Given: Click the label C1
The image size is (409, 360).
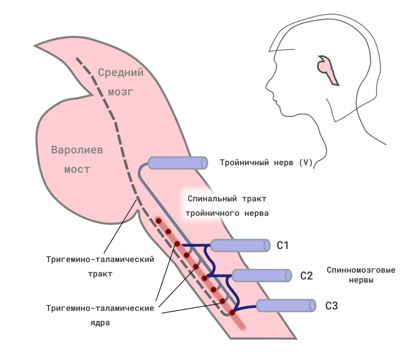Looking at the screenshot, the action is pos(282,245).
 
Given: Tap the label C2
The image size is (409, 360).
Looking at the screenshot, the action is pos(306,276).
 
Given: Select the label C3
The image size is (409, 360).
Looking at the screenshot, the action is pos(331,306).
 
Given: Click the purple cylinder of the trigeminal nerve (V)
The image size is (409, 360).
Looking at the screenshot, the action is pos(178,163).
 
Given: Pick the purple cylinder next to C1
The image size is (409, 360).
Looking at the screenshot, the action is pos(240,245).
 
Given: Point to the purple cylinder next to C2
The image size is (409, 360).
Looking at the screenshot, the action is pos(262,276).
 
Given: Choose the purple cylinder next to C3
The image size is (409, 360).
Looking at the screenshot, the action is pos(286,306).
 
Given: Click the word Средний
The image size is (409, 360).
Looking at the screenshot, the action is pos(121,72).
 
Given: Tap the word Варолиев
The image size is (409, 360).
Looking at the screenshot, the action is pos(77,150).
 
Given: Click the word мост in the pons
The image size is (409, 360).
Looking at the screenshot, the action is pos(77,169).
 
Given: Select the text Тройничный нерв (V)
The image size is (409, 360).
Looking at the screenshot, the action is pos(266,163).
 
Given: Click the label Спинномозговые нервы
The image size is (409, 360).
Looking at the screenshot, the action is pos(361,275).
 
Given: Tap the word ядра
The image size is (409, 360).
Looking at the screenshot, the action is pos(100,323).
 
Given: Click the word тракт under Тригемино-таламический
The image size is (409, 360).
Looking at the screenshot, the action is pos(100,274).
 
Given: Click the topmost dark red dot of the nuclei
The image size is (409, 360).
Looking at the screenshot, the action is pos(158,221).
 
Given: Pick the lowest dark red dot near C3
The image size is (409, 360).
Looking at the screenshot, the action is pos(232,313).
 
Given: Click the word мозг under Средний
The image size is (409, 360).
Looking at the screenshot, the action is pos(120,92).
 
